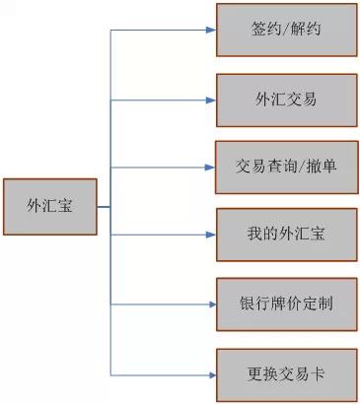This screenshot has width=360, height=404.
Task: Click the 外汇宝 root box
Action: tap(50, 207)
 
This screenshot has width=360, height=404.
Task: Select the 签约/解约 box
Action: tap(286, 31)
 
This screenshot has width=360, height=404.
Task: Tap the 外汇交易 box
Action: tap(286, 99)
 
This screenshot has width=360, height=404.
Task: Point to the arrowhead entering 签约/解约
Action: tap(210, 31)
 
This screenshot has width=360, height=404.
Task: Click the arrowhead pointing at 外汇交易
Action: tap(210, 100)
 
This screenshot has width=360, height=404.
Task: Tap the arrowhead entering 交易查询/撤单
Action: tap(210, 167)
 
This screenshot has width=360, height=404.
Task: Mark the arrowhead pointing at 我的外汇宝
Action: tap(210, 236)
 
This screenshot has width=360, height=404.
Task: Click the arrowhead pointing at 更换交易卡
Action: tap(210, 374)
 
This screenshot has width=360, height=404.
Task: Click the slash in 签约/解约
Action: tap(286, 31)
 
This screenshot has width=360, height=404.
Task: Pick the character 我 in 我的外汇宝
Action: tap(252, 236)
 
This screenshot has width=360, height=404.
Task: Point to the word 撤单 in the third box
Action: tap(322, 167)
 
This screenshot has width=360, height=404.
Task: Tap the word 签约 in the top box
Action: tap(265, 31)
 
